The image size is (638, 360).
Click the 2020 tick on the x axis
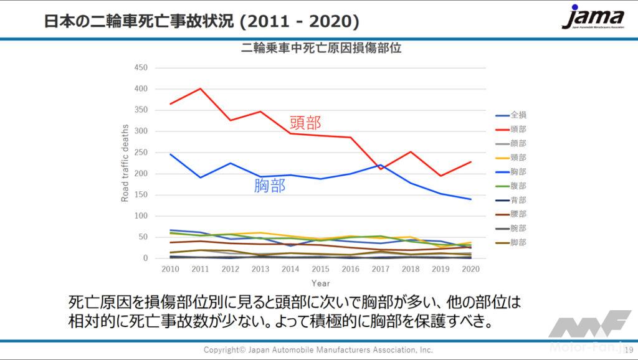pos(470,268)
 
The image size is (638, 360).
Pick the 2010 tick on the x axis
pos(170,268)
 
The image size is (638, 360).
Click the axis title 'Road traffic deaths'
pos(125,163)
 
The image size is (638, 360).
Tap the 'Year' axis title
pos(320,283)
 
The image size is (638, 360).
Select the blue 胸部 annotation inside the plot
pos(270,185)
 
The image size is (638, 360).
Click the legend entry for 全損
pos(512,115)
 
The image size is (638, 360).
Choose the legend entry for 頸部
pos(512,158)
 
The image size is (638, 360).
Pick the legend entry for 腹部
pos(512,186)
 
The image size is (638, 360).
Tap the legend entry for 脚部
pos(512,242)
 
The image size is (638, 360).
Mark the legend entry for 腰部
pos(512,214)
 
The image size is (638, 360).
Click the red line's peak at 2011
pos(200,88)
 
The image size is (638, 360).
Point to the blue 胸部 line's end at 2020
pos(470,199)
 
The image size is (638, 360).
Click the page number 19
pos(629,350)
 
